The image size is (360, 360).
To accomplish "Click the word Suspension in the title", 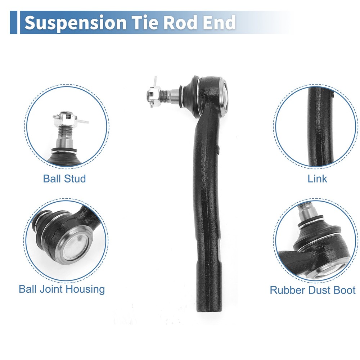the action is click(75, 23).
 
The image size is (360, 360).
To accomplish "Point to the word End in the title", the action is click(219, 22).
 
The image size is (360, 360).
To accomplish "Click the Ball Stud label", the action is click(64, 179).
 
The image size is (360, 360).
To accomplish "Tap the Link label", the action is click(317, 179).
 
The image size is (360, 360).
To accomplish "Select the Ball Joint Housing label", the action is click(62, 289).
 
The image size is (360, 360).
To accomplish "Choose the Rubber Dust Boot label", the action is click(312, 290).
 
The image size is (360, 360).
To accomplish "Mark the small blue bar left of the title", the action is click(13, 22).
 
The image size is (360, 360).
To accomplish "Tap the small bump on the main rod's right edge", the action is click(219, 150).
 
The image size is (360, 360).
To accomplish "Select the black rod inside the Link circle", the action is click(321, 126).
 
